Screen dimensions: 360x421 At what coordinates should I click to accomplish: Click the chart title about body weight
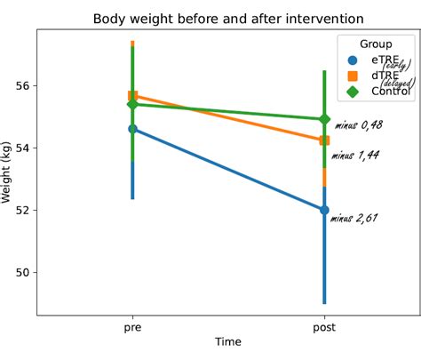tap(228, 19)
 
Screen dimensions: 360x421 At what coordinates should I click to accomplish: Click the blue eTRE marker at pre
tap(133, 129)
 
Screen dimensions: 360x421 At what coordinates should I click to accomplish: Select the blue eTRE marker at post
tap(324, 210)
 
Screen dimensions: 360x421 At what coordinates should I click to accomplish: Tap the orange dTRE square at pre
tap(133, 96)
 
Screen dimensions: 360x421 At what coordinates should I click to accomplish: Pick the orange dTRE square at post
tap(324, 140)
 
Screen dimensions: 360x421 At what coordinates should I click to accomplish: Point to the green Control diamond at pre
tap(133, 104)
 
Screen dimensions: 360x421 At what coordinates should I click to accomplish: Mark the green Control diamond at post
tap(324, 119)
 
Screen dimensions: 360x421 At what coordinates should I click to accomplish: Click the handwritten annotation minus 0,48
tap(359, 125)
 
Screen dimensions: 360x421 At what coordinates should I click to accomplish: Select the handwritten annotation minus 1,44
tap(355, 156)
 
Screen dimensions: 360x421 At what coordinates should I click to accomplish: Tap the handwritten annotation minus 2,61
tap(354, 217)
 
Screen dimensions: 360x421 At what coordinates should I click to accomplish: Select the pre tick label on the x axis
tap(133, 327)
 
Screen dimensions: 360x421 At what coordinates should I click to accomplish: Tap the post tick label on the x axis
tap(324, 327)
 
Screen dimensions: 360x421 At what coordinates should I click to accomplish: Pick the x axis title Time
tap(228, 342)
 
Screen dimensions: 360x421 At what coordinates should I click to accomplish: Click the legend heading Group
tap(376, 44)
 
